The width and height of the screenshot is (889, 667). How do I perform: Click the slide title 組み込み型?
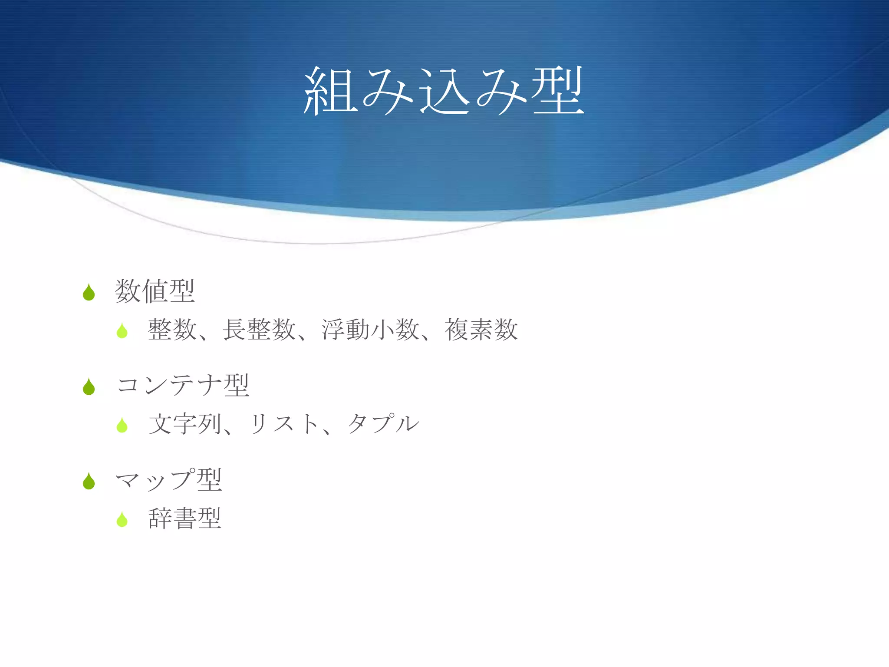(444, 91)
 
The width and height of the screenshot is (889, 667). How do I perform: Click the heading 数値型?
(155, 291)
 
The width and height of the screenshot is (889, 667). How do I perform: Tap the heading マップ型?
(169, 480)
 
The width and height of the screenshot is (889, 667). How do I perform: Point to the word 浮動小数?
(370, 330)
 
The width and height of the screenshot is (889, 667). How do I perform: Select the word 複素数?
(481, 330)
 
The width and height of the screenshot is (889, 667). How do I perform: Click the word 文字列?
(185, 424)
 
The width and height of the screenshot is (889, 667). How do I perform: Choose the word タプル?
(383, 424)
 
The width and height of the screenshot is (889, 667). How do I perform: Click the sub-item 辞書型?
(185, 518)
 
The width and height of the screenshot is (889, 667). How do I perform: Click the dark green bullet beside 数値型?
(89, 293)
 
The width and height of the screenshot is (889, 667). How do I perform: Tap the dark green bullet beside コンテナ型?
(89, 387)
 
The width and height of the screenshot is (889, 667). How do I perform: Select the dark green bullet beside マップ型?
(89, 482)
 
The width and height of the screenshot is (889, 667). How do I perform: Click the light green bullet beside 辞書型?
(122, 520)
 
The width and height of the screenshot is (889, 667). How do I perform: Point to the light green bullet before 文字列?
(122, 426)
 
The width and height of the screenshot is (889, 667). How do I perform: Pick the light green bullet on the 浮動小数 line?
(122, 331)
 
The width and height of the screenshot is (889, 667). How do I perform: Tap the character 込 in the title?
(444, 92)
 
